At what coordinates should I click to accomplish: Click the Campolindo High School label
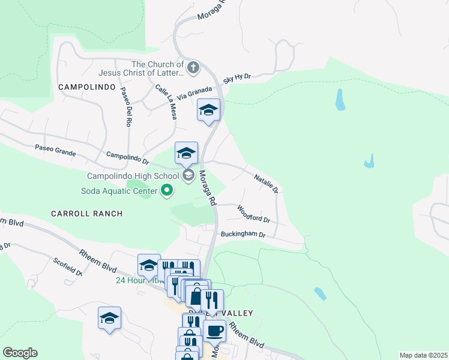click(x=133, y=176)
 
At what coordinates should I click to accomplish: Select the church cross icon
click(x=193, y=67)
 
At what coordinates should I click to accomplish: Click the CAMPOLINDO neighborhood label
click(x=86, y=87)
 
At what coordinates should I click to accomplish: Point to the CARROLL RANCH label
click(x=86, y=213)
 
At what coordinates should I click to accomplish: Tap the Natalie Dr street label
click(x=267, y=184)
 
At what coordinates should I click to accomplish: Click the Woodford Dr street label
click(x=254, y=214)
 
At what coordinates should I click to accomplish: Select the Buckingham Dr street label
click(x=243, y=235)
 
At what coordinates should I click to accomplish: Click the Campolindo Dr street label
click(x=127, y=158)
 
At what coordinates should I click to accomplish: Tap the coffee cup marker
click(x=214, y=330)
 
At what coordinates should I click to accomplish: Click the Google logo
click(x=20, y=353)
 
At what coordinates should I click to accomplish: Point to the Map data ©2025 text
click(x=423, y=355)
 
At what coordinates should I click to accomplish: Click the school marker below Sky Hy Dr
click(x=208, y=110)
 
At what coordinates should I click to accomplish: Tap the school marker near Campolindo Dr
click(x=186, y=153)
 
